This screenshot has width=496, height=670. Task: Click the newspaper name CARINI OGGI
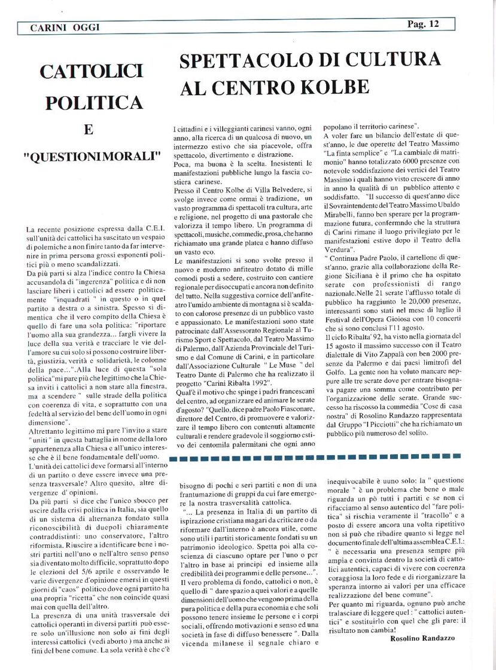[x=58, y=28]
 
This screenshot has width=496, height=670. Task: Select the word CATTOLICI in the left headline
[x=91, y=72]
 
